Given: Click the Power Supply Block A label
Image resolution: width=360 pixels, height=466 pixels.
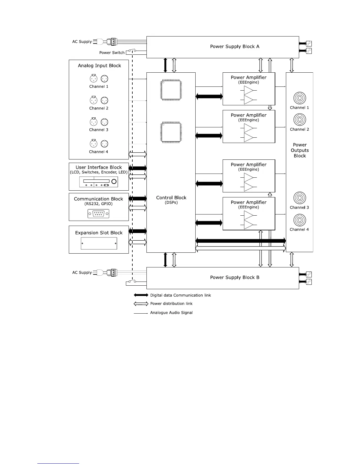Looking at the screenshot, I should [x=234, y=46].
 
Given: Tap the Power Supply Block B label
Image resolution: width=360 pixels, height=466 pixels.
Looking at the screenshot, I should [x=234, y=277].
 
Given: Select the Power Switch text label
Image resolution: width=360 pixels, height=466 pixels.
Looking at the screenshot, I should [x=112, y=53].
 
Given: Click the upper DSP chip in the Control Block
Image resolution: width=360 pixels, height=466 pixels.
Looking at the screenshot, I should [x=171, y=90].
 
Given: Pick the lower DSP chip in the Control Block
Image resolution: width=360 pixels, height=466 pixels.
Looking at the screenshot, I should [x=171, y=132].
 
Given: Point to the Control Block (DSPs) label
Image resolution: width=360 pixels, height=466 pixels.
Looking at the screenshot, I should [x=171, y=199].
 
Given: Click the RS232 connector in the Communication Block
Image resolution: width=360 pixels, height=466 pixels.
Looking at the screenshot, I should [x=99, y=214].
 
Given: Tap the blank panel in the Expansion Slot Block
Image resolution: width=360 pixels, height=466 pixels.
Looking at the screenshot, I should [x=99, y=243].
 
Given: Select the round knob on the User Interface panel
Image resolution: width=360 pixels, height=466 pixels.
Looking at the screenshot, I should [x=114, y=181].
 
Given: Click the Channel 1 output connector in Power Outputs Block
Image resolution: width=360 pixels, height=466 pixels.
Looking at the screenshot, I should [x=299, y=98].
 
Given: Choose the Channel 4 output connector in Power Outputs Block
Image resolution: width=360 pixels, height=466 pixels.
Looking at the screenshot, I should [x=299, y=220].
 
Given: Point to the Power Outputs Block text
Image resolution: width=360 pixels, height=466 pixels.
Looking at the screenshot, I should [x=300, y=150].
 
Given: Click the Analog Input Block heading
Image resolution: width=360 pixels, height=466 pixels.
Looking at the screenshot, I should [x=99, y=66].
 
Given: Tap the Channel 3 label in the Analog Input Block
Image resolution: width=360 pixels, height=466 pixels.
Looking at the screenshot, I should [x=99, y=130].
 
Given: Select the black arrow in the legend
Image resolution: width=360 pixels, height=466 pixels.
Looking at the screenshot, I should [x=141, y=295].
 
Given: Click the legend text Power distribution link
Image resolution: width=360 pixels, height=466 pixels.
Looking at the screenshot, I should [x=171, y=304].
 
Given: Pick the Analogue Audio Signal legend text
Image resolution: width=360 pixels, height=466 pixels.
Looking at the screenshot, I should [x=171, y=313].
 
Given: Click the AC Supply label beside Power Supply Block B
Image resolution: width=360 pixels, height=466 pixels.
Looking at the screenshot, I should [x=82, y=272].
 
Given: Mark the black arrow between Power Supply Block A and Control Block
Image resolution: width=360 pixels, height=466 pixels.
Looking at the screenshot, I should [x=165, y=65].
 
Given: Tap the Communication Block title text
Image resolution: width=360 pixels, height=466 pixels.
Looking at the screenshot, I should [x=98, y=199].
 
